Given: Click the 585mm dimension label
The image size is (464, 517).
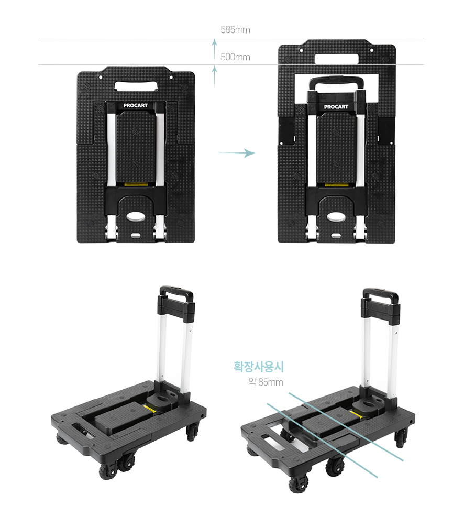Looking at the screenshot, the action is tap(235, 30).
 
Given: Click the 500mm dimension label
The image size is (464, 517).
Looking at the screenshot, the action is tap(235, 57).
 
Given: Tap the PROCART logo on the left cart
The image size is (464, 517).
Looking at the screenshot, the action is tap(136, 105).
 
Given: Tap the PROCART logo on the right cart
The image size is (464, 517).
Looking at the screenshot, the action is tap(336, 107).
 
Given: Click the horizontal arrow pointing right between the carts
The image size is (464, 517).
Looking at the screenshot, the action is tap(237, 153).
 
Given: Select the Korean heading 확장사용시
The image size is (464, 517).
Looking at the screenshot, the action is tap(259, 366).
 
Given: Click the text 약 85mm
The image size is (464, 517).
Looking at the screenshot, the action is tap(266, 382).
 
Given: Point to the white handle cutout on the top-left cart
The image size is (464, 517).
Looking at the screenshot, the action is tap(136, 86).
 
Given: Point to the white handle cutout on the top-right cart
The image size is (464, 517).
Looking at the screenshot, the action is tap(336, 59).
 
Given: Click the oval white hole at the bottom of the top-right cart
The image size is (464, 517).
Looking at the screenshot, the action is tap(336, 217).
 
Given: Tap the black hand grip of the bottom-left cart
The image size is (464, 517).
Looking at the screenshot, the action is tap(176, 292).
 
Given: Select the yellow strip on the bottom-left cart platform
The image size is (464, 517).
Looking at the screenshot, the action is tap(150, 409).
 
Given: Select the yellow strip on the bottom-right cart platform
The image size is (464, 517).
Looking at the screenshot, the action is tap(357, 414).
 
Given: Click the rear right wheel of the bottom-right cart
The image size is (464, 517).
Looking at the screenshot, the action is tap(401, 438).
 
